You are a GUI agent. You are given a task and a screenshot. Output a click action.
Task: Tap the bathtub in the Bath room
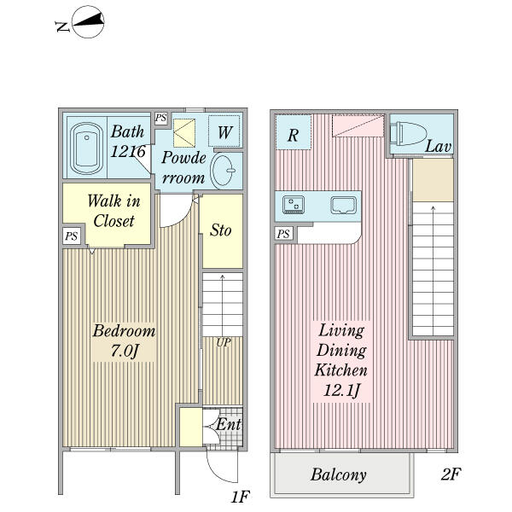point(86,148)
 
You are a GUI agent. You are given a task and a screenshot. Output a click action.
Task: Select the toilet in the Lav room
point(409,133)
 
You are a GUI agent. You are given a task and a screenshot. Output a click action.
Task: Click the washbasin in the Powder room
point(223,171)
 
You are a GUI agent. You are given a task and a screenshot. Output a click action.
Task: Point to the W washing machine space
point(224,131)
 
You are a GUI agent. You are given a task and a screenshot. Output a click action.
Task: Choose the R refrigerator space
point(293,132)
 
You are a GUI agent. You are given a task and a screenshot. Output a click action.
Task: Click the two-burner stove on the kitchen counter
point(294,205)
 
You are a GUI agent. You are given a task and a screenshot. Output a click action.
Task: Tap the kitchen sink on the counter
point(343,205)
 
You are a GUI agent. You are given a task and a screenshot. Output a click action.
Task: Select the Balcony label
point(338,474)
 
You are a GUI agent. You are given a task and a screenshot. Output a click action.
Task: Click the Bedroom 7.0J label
point(124,340)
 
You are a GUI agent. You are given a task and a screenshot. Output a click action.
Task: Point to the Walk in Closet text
point(113,211)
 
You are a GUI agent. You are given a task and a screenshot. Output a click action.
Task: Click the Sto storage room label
point(221,230)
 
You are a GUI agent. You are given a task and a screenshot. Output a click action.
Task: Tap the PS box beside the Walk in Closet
point(72,236)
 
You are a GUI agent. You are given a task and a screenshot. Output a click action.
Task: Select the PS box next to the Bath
point(160,118)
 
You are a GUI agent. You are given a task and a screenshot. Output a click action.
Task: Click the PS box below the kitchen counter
point(283,234)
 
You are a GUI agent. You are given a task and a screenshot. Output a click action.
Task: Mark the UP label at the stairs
point(224,342)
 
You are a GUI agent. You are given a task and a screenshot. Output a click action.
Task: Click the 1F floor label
point(241,497)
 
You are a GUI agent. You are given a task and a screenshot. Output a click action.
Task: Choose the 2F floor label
point(451,474)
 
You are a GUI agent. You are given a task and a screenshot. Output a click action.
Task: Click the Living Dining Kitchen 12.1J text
point(341,360)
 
